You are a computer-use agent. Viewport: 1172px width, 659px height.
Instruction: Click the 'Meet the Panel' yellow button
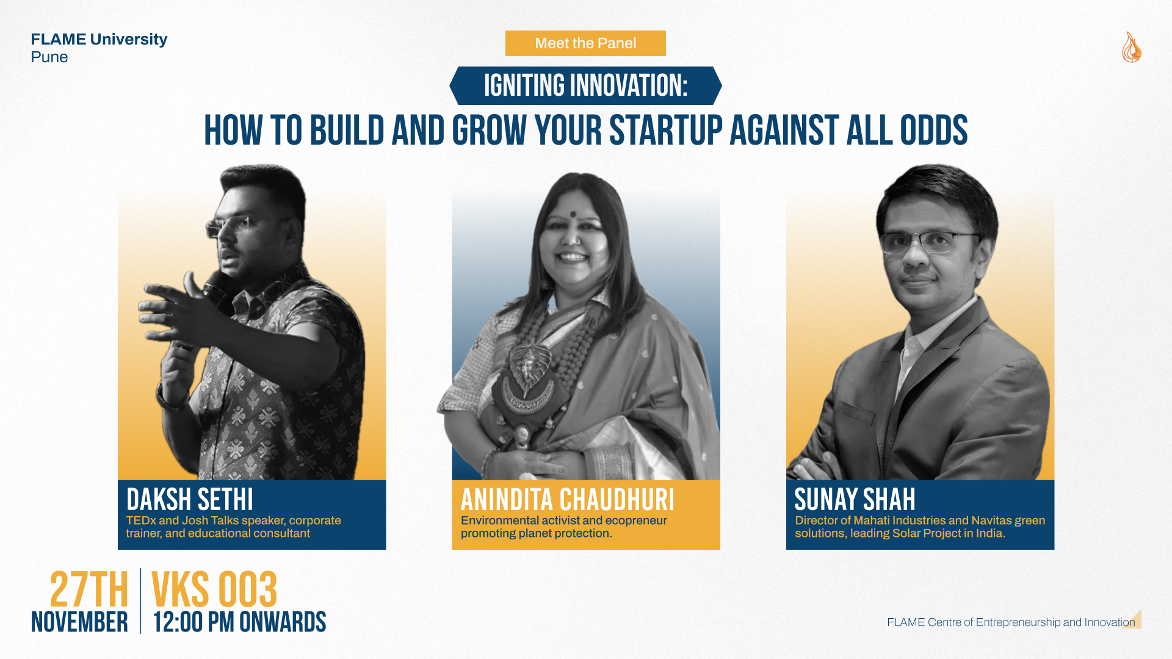585,43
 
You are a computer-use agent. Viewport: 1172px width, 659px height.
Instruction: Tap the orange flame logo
1131,47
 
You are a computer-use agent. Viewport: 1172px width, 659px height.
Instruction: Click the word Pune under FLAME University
49,57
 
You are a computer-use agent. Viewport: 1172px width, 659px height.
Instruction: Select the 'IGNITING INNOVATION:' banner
585,85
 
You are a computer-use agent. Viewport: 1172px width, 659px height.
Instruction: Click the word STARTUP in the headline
666,131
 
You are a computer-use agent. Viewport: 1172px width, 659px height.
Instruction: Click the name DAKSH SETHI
190,500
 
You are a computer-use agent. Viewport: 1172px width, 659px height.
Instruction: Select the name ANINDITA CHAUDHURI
568,500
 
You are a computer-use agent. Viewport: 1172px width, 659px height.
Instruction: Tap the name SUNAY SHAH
855,500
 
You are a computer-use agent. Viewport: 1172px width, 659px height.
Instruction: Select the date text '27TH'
89,589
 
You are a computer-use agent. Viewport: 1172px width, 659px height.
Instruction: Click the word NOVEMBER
79,622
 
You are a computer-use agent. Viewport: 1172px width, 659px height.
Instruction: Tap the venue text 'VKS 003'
214,589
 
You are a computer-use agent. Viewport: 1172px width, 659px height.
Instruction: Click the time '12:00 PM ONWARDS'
239,622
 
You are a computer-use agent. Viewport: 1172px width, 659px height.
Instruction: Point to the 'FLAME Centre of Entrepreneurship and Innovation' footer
1011,622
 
